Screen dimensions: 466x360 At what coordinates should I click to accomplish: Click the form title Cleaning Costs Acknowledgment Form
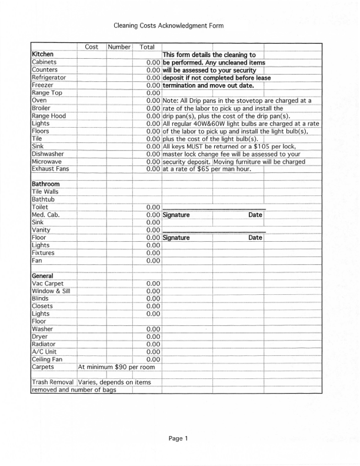pyautogui.click(x=169, y=26)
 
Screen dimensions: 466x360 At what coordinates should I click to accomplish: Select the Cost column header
pyautogui.click(x=91, y=46)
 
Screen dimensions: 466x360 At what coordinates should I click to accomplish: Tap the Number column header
pyautogui.click(x=119, y=46)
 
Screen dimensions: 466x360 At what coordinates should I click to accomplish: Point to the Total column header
pyautogui.click(x=147, y=46)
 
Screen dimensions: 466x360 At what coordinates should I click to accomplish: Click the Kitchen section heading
pyautogui.click(x=42, y=54)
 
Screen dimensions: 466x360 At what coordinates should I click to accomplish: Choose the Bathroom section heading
pyautogui.click(x=45, y=184)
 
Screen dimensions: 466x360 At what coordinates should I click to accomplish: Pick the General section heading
pyautogui.click(x=42, y=276)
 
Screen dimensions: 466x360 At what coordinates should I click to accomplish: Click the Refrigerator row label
pyautogui.click(x=49, y=77)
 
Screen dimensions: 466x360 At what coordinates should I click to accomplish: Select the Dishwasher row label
pyautogui.click(x=48, y=154)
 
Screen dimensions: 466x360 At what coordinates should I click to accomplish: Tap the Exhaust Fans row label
pyautogui.click(x=51, y=169)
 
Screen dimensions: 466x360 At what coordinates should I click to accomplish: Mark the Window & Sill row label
pyautogui.click(x=51, y=291)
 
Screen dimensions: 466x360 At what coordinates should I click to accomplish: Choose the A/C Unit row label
pyautogui.click(x=44, y=352)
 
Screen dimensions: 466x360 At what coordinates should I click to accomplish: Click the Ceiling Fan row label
pyautogui.click(x=47, y=360)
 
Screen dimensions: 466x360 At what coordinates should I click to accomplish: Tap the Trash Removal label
pyautogui.click(x=53, y=382)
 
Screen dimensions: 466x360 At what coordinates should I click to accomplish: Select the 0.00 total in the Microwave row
pyautogui.click(x=153, y=161)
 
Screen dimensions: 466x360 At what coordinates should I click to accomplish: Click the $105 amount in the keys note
pyautogui.click(x=263, y=147)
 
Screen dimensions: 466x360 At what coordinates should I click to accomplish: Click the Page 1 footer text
pyautogui.click(x=178, y=438)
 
